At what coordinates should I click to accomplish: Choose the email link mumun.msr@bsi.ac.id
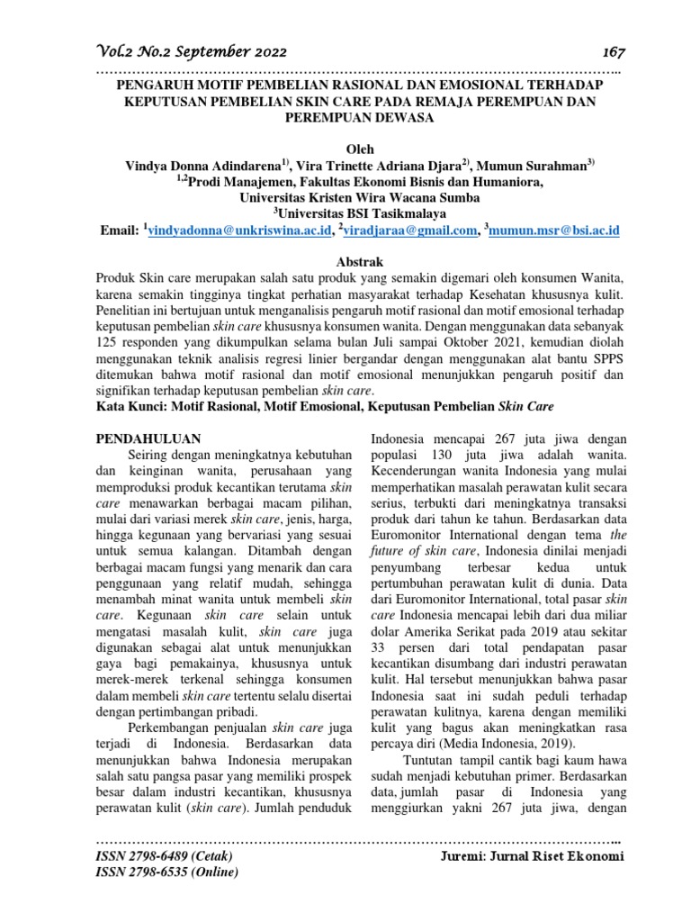click(x=555, y=231)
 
